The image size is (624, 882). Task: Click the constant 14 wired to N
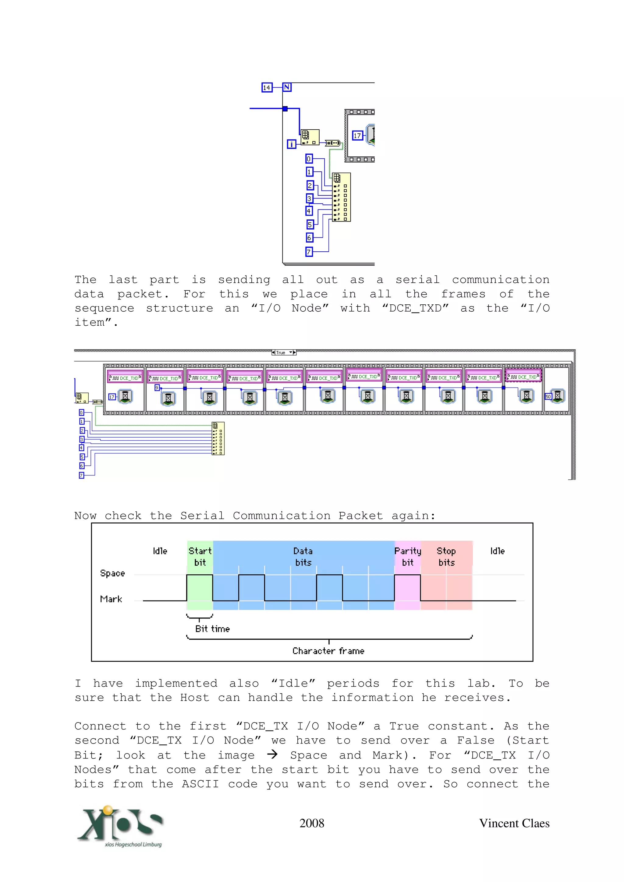(266, 88)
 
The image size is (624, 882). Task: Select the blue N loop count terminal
(287, 87)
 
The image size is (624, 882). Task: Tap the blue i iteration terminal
(291, 144)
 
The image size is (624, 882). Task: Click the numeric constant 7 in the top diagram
(309, 252)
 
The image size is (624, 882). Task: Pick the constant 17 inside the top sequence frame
(357, 136)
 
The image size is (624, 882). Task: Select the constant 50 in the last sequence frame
(548, 397)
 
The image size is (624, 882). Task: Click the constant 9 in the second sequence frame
(157, 388)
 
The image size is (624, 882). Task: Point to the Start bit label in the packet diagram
(200, 556)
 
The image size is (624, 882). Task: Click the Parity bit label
(408, 556)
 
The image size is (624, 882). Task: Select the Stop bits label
(446, 556)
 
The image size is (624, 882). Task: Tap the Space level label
(112, 573)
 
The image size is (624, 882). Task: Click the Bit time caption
(212, 629)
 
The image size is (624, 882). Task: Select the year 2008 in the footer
(311, 823)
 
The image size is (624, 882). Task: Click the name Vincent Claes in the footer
(514, 823)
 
